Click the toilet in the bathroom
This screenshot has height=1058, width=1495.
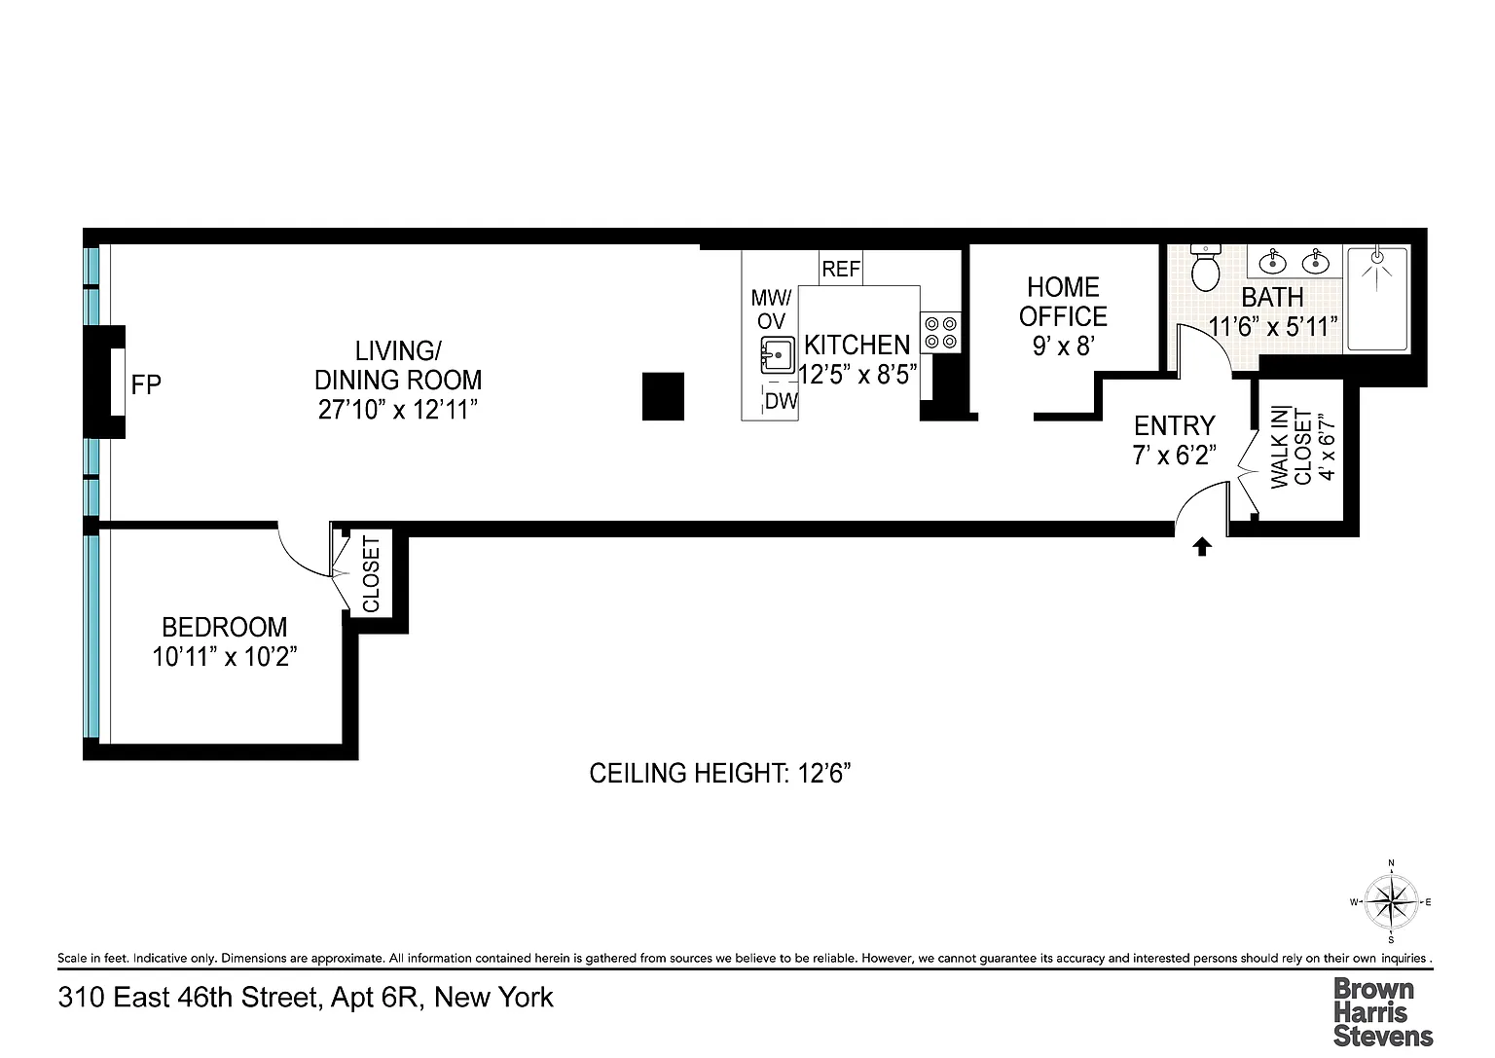coord(1205,268)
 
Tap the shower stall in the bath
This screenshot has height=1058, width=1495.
coord(1377,299)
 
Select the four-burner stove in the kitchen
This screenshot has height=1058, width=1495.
coord(940,333)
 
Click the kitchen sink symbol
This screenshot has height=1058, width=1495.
coord(779,354)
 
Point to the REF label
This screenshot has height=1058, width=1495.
coord(841,269)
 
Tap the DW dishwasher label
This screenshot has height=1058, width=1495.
coord(782,401)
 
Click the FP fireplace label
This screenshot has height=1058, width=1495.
coord(145,384)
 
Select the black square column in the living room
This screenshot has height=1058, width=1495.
coord(663,396)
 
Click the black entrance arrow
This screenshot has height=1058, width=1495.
coord(1202,547)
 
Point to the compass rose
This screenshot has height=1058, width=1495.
coord(1391,902)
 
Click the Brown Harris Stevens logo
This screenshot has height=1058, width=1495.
coord(1383,1012)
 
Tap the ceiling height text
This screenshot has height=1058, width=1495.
coord(720,773)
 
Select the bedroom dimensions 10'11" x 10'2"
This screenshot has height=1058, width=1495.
coord(224,657)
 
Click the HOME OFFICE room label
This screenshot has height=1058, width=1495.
coord(1063,302)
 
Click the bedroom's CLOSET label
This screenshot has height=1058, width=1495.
coord(371,574)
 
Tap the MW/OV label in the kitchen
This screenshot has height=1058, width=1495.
coord(771,310)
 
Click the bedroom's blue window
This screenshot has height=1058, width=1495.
coord(91,636)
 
